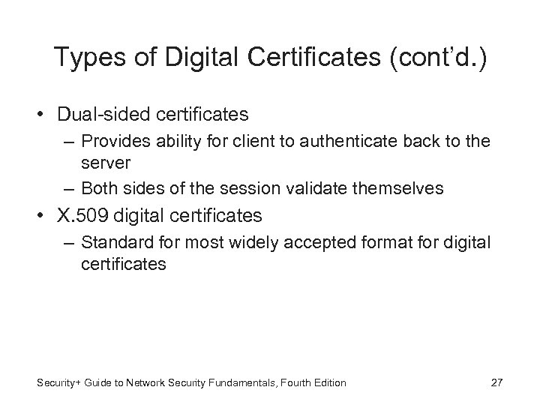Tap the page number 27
coord(496,382)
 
